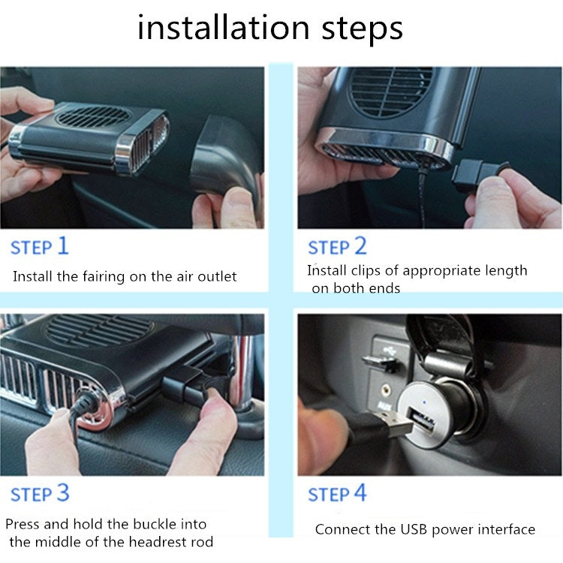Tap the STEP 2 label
[338, 246]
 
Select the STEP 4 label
[338, 495]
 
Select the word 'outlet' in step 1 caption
[217, 277]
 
